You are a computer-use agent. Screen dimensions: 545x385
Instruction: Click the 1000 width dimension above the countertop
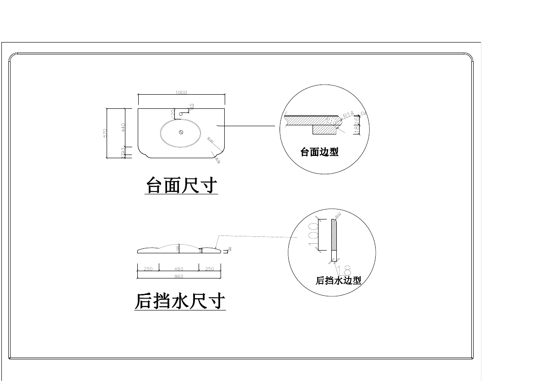181,93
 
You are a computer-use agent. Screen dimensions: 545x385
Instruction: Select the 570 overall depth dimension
105,133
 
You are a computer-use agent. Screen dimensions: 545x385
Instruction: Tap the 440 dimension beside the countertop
123,128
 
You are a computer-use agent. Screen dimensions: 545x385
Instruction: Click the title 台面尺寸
181,186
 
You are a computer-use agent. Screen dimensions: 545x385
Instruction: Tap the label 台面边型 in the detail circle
319,152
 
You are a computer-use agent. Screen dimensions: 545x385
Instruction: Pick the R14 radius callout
349,115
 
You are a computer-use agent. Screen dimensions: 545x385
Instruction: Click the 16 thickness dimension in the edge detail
357,120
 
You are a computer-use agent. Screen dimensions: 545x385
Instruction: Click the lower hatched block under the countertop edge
324,129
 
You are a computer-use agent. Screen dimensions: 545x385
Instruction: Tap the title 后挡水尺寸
180,301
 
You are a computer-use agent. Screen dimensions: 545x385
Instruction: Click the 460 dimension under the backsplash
179,269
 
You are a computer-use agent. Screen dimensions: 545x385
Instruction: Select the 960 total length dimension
179,276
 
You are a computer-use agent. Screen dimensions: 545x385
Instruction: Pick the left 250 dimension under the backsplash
148,269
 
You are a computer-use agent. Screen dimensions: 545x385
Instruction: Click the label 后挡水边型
339,281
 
